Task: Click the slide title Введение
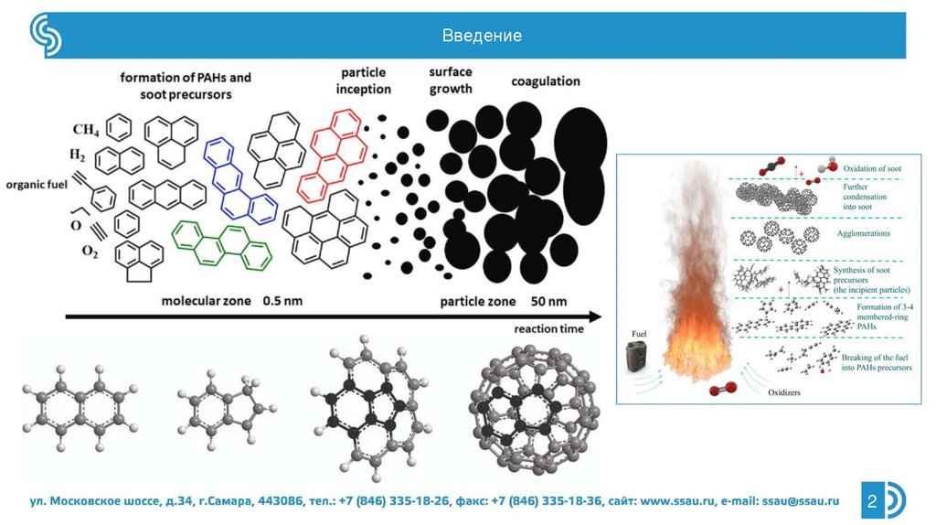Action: click(x=482, y=37)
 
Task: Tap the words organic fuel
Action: click(x=37, y=184)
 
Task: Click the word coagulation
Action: click(x=545, y=81)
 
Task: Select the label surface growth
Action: click(x=450, y=80)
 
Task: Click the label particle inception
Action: click(x=364, y=80)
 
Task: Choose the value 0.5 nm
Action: click(x=282, y=300)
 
